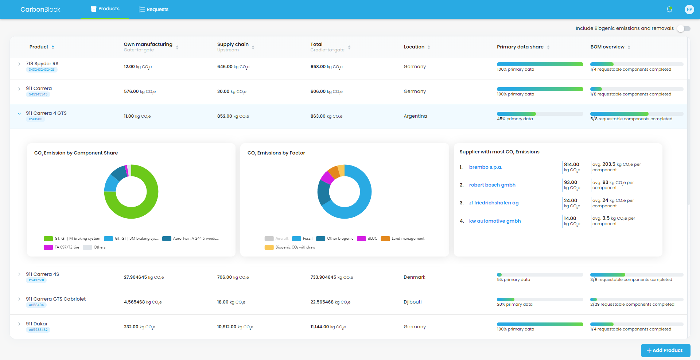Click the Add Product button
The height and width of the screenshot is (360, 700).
coord(665,351)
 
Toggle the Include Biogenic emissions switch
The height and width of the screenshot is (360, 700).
coord(684,28)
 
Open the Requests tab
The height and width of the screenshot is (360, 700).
coord(153,9)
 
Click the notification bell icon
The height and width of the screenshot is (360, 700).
coord(669,9)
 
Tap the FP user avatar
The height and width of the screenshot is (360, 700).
coord(689,9)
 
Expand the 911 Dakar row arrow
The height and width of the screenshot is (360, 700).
coord(19,324)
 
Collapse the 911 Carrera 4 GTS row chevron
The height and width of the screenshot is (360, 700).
coord(19,114)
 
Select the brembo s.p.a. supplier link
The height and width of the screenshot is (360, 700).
coord(486,167)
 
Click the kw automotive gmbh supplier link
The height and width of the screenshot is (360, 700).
coord(495,221)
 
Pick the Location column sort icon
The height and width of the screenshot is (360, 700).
coord(429,47)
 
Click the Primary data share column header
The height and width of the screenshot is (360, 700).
coord(520,47)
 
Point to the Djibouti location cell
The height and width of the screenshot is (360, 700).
coord(413,302)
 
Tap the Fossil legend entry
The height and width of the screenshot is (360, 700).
coord(302,239)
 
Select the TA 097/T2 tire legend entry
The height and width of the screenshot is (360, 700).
coord(62,247)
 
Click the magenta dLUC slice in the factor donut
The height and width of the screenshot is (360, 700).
coord(327,177)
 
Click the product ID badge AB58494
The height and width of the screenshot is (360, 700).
coord(36,305)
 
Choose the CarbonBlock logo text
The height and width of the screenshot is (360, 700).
coord(40,9)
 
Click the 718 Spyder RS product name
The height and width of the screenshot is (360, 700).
coord(42,64)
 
